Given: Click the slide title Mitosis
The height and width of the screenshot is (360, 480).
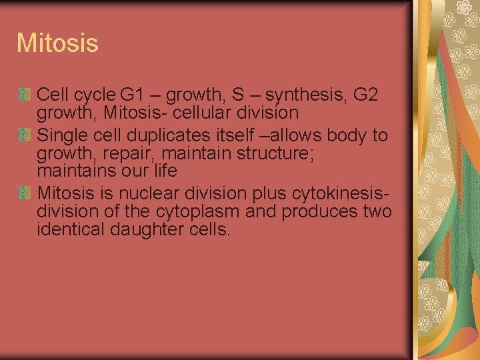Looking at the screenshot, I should click(x=57, y=44).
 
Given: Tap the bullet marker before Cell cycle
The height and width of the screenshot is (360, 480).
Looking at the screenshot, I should click(x=25, y=95).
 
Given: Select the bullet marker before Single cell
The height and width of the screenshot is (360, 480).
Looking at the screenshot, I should click(x=25, y=136).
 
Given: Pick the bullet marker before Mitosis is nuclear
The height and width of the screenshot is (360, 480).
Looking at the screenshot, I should click(x=25, y=194).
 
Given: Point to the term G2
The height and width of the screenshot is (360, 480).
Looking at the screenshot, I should click(x=365, y=95).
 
